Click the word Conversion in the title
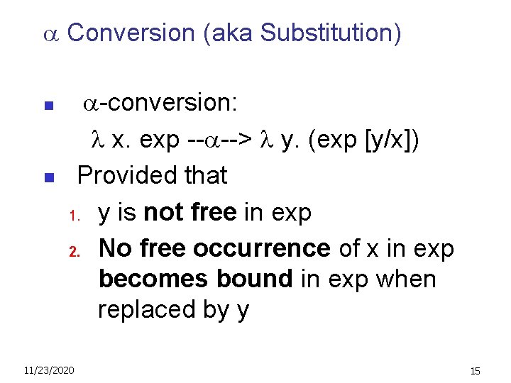coord(131,33)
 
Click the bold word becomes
coord(145,279)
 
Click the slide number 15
coord(475,371)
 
